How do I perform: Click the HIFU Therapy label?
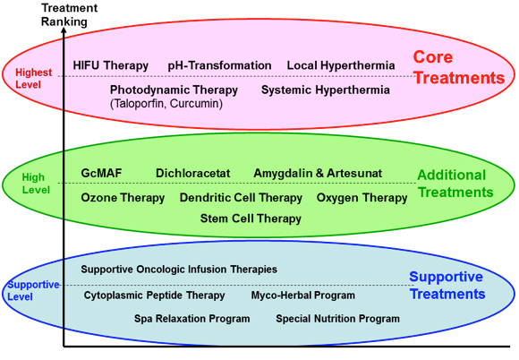tap(111, 65)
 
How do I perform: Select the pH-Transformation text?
tap(219, 65)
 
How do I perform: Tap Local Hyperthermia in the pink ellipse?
tap(341, 65)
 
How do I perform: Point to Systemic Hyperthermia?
tap(326, 90)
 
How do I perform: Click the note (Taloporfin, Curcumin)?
tap(166, 104)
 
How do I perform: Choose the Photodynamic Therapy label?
tap(174, 90)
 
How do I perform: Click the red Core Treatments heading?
tap(459, 67)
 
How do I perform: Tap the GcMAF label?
tap(101, 173)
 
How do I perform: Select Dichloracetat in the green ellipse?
tap(192, 173)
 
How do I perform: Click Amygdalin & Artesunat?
tap(318, 173)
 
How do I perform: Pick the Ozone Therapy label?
tap(123, 198)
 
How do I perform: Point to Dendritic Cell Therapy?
tap(241, 198)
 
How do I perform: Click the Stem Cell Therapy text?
tap(251, 219)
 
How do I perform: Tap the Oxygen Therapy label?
tap(362, 198)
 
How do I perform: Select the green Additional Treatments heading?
tap(455, 184)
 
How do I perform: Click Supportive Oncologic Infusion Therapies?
tap(179, 270)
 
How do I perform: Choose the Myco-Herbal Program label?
tap(302, 296)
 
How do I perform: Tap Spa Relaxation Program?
tap(191, 319)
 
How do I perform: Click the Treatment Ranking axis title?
tap(69, 14)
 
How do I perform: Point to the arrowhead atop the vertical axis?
tap(64, 30)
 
